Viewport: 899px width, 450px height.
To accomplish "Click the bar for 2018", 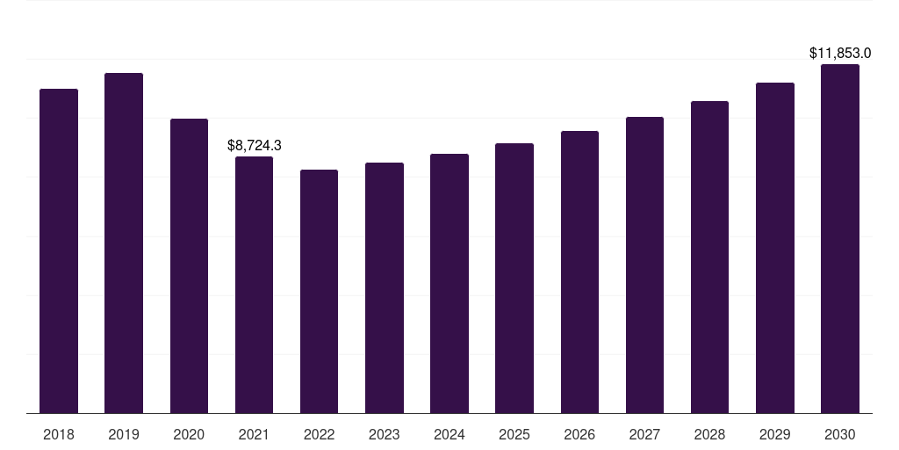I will click(59, 250).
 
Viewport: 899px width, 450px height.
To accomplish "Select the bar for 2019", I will click(124, 243).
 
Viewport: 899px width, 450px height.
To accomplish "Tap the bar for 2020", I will click(189, 265).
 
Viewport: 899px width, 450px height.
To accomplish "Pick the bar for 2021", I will click(254, 285).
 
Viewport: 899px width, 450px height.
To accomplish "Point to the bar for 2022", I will click(319, 291).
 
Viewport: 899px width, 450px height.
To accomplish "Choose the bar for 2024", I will click(449, 283).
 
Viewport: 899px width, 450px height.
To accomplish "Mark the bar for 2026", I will click(579, 272).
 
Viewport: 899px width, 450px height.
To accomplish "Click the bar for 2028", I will click(709, 257).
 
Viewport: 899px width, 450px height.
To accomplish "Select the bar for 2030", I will click(840, 238).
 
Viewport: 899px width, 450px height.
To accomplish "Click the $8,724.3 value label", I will click(254, 145).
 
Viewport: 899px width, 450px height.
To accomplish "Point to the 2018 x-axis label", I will click(59, 434).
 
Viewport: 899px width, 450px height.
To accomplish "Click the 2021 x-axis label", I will click(254, 434).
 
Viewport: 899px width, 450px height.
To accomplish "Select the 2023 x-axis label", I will click(385, 434).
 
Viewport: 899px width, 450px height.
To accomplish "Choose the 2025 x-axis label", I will click(514, 434).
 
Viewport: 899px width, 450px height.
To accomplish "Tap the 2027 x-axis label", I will click(644, 434).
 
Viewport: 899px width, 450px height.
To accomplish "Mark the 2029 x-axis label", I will click(774, 434).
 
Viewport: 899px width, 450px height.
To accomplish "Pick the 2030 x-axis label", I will click(840, 434).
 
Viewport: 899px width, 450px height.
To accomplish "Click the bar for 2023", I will click(385, 287).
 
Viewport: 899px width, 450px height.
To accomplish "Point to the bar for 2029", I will click(774, 248).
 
